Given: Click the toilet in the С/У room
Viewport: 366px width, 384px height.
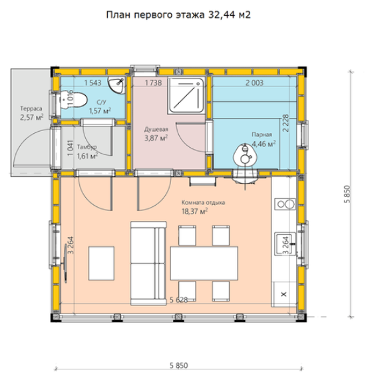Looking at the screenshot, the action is pyautogui.click(x=73, y=100).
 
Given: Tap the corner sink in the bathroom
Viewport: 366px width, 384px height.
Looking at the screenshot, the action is pyautogui.click(x=116, y=85).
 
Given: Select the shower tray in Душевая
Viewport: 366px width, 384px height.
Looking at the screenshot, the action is pyautogui.click(x=186, y=95).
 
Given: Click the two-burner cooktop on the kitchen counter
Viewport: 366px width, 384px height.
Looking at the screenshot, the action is pyautogui.click(x=285, y=204).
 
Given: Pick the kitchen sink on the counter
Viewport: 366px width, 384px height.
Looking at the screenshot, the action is pyautogui.click(x=285, y=244).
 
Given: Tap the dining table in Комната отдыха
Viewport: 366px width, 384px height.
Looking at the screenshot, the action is pyautogui.click(x=204, y=264).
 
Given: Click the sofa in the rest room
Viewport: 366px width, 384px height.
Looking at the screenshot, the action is pyautogui.click(x=148, y=264).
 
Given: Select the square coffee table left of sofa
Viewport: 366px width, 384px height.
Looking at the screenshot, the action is pyautogui.click(x=101, y=264).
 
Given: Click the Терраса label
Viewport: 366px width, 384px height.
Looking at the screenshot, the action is pyautogui.click(x=31, y=108).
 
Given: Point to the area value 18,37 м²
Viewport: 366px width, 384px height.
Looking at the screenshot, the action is pyautogui.click(x=194, y=211).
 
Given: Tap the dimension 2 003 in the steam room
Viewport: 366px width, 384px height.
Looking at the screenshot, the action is pyautogui.click(x=254, y=83).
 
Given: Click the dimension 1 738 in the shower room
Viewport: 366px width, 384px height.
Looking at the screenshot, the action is pyautogui.click(x=153, y=83).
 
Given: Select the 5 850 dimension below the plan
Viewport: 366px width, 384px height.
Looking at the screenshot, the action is pyautogui.click(x=179, y=365).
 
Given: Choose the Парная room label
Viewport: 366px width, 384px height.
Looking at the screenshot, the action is pyautogui.click(x=262, y=134).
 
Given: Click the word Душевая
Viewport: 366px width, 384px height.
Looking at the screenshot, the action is pyautogui.click(x=156, y=129).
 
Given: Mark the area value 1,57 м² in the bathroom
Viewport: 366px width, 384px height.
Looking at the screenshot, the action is pyautogui.click(x=100, y=110).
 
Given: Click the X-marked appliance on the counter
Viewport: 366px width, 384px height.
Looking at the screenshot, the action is pyautogui.click(x=284, y=294).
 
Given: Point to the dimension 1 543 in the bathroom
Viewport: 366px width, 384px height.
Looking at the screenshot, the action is pyautogui.click(x=92, y=83).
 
